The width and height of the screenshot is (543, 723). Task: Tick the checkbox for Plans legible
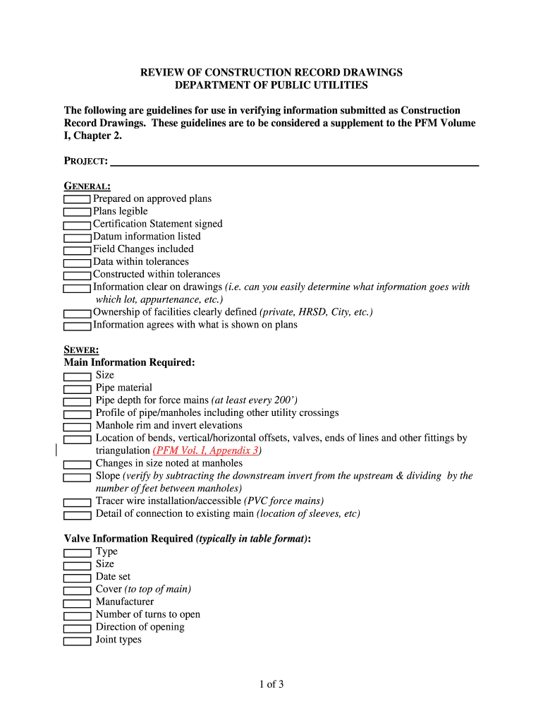click(78, 212)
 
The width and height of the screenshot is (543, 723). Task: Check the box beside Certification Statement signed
click(78, 225)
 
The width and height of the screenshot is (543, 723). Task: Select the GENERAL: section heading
click(87, 186)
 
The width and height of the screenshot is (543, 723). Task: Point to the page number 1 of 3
click(271, 684)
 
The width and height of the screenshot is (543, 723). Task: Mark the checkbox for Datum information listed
click(78, 237)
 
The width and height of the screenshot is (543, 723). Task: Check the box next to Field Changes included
click(78, 250)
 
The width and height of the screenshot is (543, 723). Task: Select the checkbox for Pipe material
click(78, 388)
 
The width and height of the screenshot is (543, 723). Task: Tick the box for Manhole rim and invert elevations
click(78, 426)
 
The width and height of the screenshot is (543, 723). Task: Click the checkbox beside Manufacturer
click(78, 603)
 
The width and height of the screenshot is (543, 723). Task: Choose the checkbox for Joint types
click(78, 641)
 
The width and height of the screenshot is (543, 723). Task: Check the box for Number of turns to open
click(78, 616)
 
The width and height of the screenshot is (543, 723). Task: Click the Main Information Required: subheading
click(129, 362)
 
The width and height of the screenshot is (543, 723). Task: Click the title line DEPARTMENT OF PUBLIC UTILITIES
click(271, 85)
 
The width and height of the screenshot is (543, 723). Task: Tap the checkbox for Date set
click(78, 578)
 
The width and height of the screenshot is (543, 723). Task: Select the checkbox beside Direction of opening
click(78, 628)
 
